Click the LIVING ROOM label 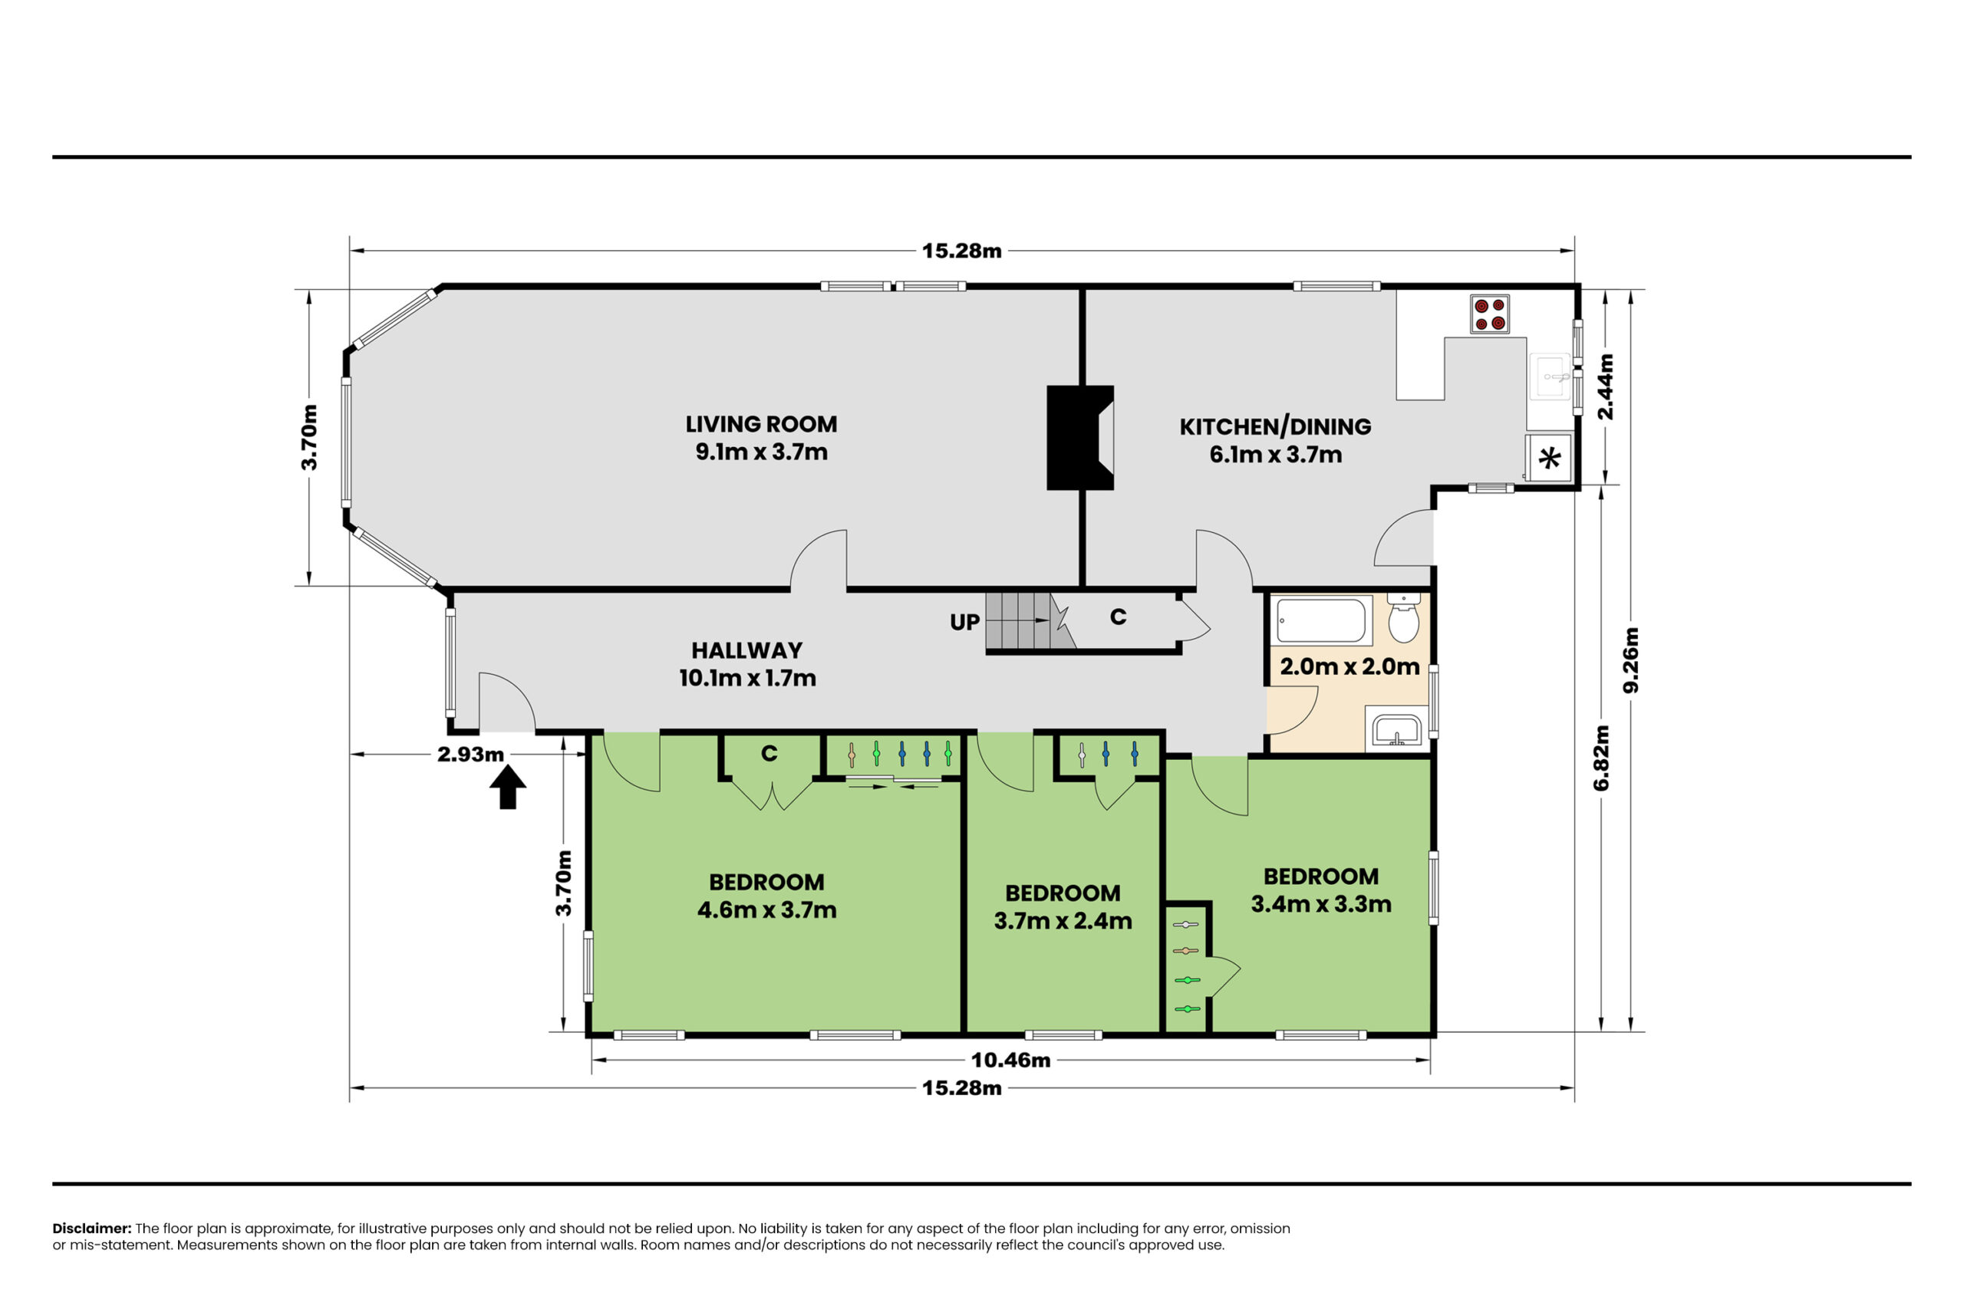click(x=761, y=424)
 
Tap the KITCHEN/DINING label click(x=1275, y=426)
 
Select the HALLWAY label click(x=746, y=650)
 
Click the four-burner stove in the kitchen click(x=1490, y=314)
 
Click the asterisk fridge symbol click(x=1549, y=459)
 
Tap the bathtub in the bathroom click(x=1321, y=620)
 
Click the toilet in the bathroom click(x=1404, y=618)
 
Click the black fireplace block click(x=1079, y=437)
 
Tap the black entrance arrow click(x=508, y=788)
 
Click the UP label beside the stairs click(x=964, y=622)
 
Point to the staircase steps click(x=1030, y=620)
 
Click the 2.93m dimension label click(x=471, y=754)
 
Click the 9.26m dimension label click(x=1631, y=659)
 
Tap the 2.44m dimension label click(x=1605, y=386)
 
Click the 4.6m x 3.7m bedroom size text click(x=766, y=909)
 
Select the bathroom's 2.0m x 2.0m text click(x=1349, y=666)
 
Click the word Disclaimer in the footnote click(x=92, y=1228)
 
